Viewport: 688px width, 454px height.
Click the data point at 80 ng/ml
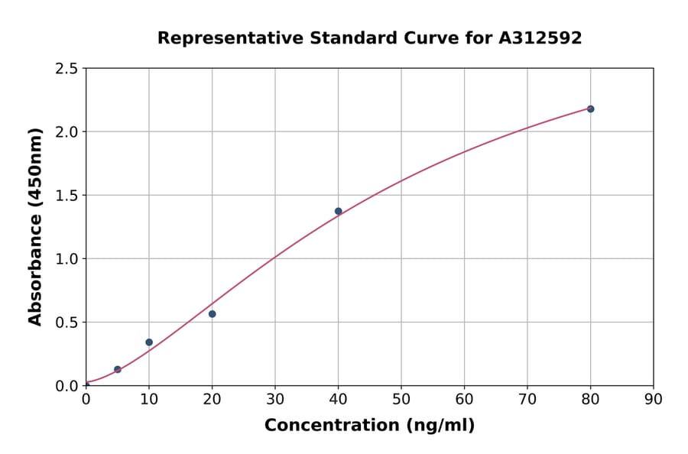[x=590, y=109]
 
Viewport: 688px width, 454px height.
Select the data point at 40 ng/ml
[x=338, y=211]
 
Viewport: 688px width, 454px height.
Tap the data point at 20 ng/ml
[x=212, y=314]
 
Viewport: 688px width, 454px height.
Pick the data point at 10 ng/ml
[x=149, y=342]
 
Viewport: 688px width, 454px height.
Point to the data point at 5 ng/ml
[x=118, y=369]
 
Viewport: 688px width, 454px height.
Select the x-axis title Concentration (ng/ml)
[x=369, y=426]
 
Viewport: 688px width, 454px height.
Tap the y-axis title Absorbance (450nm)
[x=35, y=227]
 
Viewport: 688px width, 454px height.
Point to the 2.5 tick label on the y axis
[x=67, y=69]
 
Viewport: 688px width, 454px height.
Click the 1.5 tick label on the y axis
[x=67, y=196]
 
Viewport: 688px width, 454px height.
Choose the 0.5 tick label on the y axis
[x=67, y=323]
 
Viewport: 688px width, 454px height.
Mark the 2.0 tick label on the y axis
[x=67, y=132]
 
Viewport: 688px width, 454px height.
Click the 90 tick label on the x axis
[x=654, y=399]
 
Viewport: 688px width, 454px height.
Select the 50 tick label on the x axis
[x=401, y=399]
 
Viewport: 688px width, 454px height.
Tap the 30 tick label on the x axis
[x=275, y=399]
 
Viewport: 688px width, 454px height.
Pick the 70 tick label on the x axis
[x=527, y=399]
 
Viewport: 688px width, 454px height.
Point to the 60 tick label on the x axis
[x=464, y=399]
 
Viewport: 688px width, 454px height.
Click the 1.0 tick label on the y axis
[x=67, y=259]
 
